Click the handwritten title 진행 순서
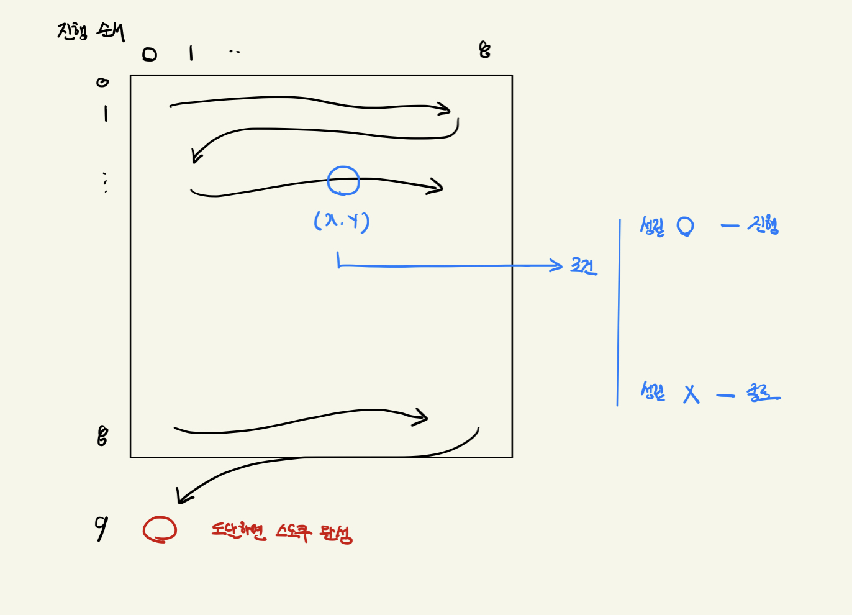click(x=91, y=31)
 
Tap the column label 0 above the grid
click(x=150, y=55)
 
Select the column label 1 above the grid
click(x=191, y=53)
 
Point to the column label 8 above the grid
click(x=485, y=50)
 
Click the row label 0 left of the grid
click(x=102, y=82)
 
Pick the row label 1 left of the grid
click(x=106, y=114)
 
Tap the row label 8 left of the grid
click(x=102, y=436)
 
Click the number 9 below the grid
click(x=101, y=528)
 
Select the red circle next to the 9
click(x=160, y=530)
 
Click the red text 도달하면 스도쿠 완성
click(x=281, y=532)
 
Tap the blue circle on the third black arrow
click(x=343, y=181)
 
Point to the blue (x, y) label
click(x=342, y=221)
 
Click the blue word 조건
click(x=584, y=266)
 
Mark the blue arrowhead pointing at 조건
click(x=556, y=265)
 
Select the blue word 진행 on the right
click(x=763, y=225)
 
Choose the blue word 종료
click(x=763, y=393)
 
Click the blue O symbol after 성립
click(x=685, y=226)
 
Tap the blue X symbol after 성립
click(x=691, y=394)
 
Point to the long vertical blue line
click(x=619, y=311)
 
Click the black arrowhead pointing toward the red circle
click(x=183, y=496)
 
